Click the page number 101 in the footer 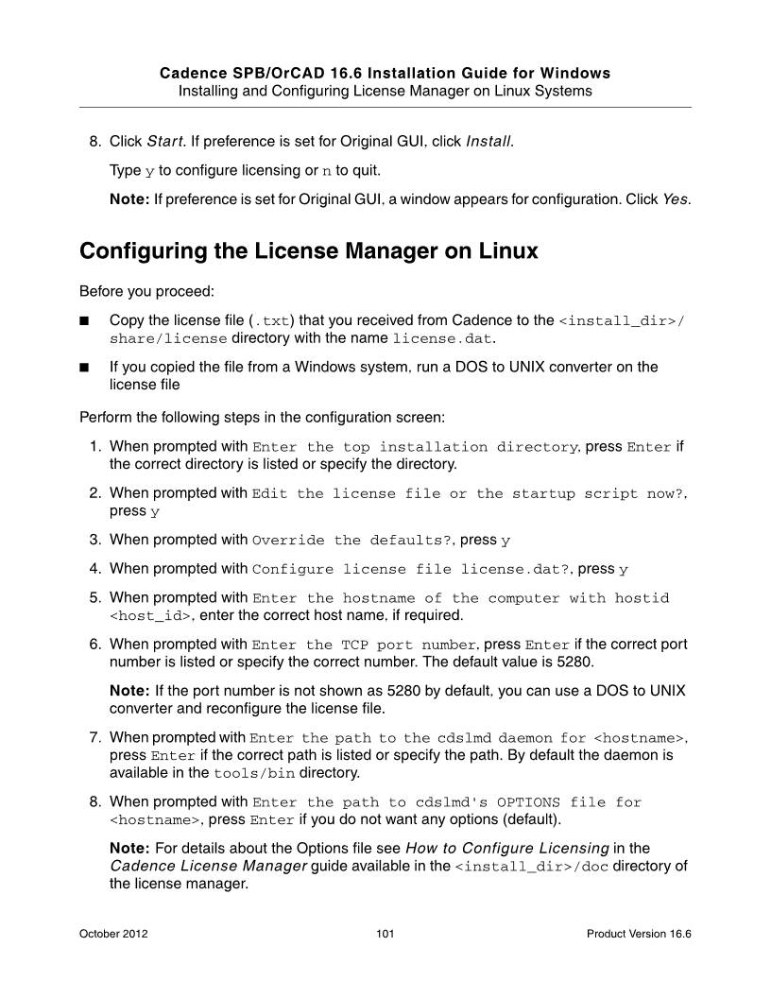coord(385,934)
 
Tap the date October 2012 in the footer coord(113,934)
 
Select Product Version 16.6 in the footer coord(639,934)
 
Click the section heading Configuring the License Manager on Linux coord(309,251)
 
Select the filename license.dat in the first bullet coord(443,338)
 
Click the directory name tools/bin coord(248,773)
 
